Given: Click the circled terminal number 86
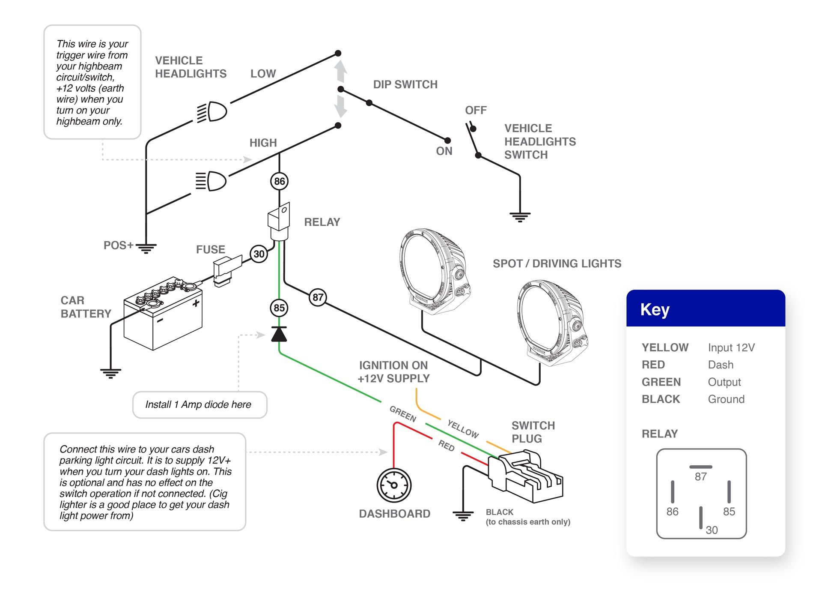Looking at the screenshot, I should coord(279,181).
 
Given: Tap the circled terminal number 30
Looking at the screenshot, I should coord(259,254).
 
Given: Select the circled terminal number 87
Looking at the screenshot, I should coord(318,297).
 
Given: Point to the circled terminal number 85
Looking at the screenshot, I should coord(279,308).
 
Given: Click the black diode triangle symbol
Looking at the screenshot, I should coord(279,334).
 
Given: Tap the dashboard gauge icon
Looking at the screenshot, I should coord(394,485).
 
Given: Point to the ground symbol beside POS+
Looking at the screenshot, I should coord(146,248).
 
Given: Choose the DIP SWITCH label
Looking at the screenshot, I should coord(405,84).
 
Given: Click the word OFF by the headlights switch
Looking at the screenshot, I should coord(476,110).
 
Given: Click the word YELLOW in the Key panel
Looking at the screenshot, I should coord(664,347).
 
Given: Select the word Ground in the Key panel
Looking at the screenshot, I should coord(726,399).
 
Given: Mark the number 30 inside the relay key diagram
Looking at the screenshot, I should coord(711,530).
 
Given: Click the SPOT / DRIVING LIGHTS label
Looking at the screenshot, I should coord(557,264).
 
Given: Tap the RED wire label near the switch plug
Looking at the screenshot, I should coord(446,446).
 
